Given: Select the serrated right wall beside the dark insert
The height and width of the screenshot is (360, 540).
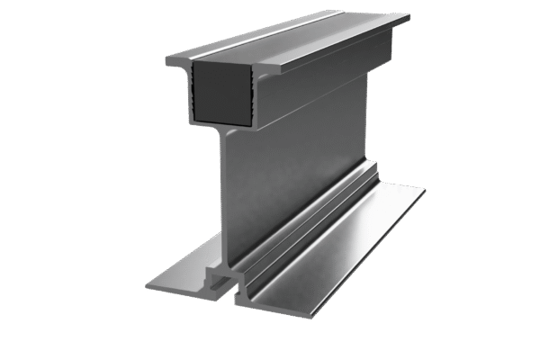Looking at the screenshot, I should [x=251, y=90].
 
